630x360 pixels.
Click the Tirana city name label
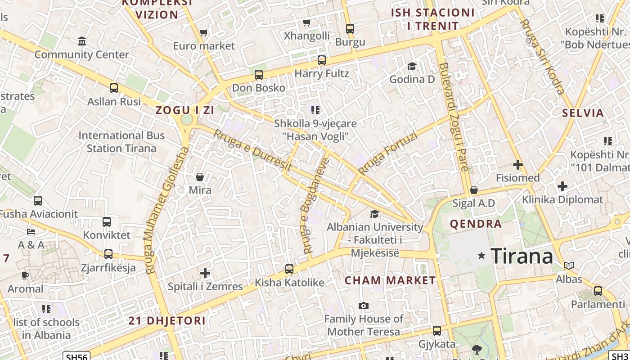[x=522, y=256]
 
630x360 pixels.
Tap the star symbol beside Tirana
[x=481, y=256]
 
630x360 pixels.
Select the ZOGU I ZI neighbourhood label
[x=184, y=110]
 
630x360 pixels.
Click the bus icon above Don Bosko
[x=258, y=75]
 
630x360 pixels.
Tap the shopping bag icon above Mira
[x=200, y=177]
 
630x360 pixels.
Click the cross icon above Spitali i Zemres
[x=205, y=273]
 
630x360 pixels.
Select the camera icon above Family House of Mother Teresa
[x=364, y=306]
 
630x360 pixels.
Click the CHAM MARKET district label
[x=390, y=280]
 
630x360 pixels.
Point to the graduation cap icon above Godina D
[x=412, y=67]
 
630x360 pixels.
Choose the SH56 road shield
[x=76, y=356]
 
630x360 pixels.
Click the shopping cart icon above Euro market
[x=203, y=32]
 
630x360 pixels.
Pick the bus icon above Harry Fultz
[x=321, y=60]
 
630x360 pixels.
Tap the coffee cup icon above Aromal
[x=25, y=275]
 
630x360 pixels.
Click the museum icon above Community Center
[x=82, y=41]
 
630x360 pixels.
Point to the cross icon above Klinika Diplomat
[x=562, y=186]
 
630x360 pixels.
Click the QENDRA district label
[x=476, y=224]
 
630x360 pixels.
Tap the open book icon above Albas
[x=569, y=265]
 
